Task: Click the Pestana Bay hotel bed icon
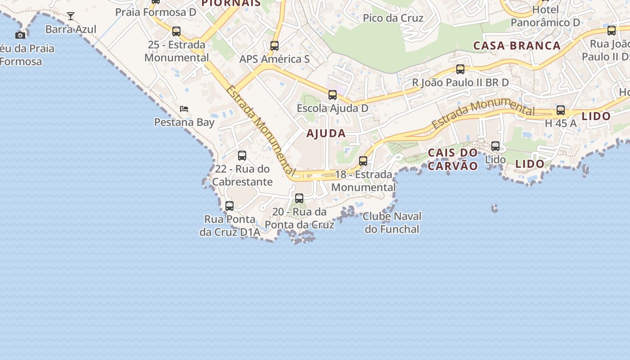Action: [184, 108]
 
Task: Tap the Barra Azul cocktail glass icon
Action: [71, 16]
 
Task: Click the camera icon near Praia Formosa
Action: [20, 35]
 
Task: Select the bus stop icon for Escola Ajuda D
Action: [333, 95]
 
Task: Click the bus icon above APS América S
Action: [274, 45]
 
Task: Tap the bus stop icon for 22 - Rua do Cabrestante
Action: [242, 156]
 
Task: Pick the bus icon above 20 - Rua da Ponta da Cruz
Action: [299, 198]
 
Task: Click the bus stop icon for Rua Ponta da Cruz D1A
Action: [229, 206]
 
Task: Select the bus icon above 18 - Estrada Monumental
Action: [363, 161]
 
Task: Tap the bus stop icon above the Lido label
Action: [495, 146]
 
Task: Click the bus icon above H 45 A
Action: [561, 110]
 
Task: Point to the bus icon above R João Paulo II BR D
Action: [460, 69]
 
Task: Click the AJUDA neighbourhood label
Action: [326, 133]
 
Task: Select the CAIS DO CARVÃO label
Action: [453, 159]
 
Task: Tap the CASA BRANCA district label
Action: [517, 45]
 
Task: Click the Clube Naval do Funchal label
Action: [392, 223]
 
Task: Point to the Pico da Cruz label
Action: [393, 18]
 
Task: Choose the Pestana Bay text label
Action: [184, 122]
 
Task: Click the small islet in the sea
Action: [495, 208]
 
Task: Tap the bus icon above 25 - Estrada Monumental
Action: [176, 31]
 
